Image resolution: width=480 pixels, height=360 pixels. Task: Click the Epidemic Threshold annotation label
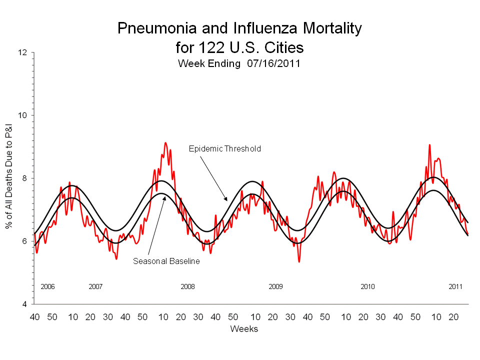(x=224, y=149)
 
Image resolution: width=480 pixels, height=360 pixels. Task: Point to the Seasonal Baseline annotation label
(x=166, y=261)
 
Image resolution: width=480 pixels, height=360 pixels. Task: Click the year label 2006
(x=47, y=287)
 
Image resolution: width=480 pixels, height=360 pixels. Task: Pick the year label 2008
(x=187, y=287)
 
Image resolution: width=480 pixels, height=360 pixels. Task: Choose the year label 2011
(x=455, y=287)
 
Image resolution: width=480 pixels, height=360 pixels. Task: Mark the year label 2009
(x=275, y=287)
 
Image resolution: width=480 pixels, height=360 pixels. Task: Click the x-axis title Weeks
(x=244, y=328)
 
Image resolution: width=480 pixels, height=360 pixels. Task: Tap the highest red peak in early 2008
(x=165, y=143)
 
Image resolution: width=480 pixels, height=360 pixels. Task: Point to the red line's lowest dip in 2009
(x=299, y=261)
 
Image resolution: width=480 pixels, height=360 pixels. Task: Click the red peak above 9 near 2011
(x=429, y=145)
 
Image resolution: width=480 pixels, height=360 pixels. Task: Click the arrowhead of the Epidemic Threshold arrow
(x=226, y=200)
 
